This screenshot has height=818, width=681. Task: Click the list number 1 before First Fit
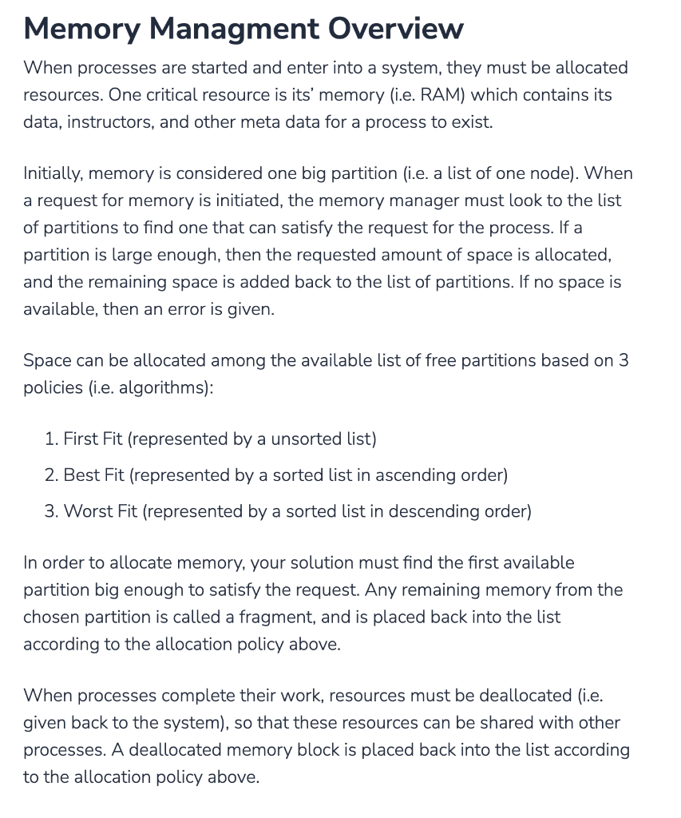(49, 439)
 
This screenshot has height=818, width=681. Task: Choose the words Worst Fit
(100, 510)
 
